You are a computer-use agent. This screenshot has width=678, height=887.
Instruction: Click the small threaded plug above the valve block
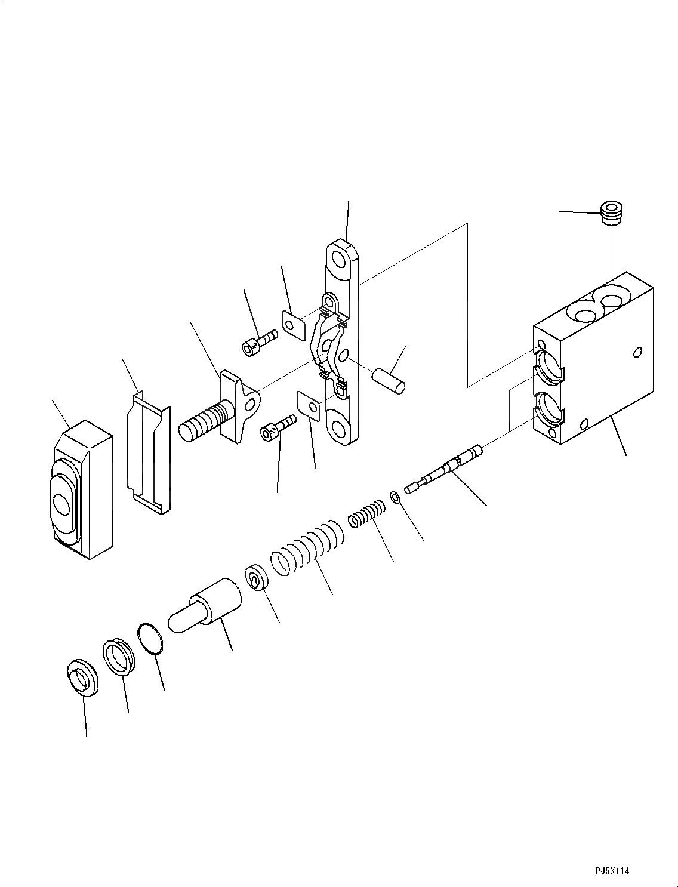click(611, 212)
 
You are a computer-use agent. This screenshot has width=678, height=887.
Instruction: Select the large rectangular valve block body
click(593, 358)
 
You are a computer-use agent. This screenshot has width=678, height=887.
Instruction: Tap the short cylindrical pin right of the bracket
click(389, 381)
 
